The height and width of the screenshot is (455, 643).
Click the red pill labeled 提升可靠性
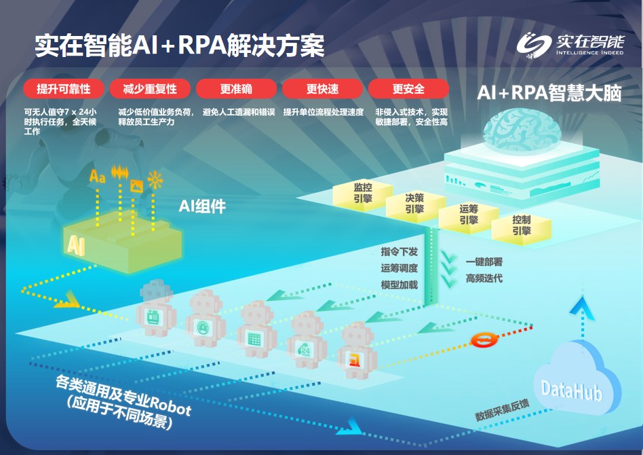point(64,89)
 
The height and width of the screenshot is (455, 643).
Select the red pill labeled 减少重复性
point(150,89)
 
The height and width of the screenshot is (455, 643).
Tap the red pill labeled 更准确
point(236,89)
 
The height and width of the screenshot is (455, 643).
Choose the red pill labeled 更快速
point(322,89)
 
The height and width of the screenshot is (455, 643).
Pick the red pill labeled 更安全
point(408,89)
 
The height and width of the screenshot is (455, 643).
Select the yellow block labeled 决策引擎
point(415,204)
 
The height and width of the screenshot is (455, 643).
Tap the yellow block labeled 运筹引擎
point(468,215)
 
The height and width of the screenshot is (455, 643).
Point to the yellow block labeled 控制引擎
point(521,226)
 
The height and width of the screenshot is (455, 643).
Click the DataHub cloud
point(575,381)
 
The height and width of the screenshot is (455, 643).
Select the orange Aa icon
point(98,176)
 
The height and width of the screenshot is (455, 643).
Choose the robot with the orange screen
point(356,350)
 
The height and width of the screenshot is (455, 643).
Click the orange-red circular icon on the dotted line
point(484,340)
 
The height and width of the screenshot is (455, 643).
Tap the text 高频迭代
point(484,278)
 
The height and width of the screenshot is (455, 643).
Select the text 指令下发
point(399,251)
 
